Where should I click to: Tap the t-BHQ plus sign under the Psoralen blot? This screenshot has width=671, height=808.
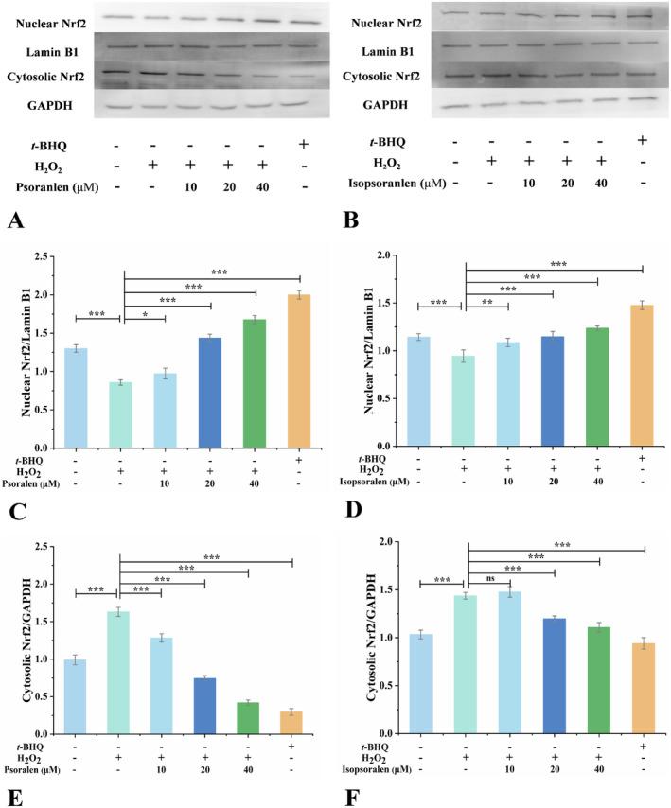301,145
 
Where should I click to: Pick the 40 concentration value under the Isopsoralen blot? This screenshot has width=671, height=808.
598,183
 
